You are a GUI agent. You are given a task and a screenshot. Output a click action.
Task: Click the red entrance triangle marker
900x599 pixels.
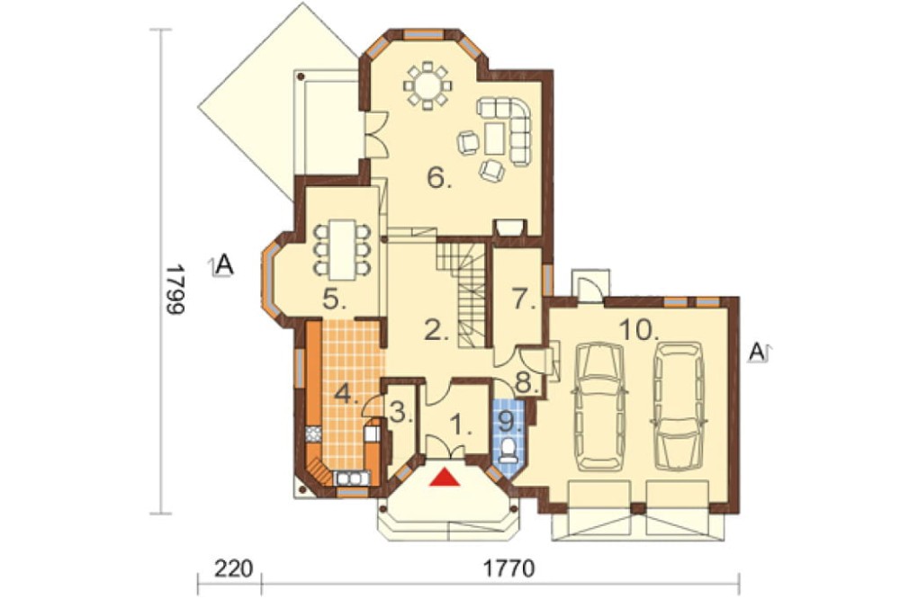point(445,478)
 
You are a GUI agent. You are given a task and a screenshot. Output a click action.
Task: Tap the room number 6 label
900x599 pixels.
point(439,178)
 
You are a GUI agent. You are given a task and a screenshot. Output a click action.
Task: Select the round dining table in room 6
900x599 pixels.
point(427,86)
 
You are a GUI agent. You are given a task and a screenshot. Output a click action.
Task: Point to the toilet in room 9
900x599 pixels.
point(508,451)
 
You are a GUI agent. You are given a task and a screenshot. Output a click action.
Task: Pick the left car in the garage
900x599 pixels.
point(599,407)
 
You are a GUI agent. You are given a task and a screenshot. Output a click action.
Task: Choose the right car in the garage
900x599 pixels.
point(679,407)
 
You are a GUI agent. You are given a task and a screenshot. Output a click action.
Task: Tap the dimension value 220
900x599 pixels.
point(234,569)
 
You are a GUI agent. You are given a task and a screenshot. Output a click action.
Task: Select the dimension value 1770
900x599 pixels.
point(509,569)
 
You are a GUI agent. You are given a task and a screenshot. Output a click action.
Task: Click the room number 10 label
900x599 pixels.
point(638,330)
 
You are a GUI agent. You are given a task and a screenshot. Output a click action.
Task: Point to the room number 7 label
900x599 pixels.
point(522,299)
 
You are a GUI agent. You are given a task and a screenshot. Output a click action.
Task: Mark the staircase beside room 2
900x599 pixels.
point(463,294)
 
